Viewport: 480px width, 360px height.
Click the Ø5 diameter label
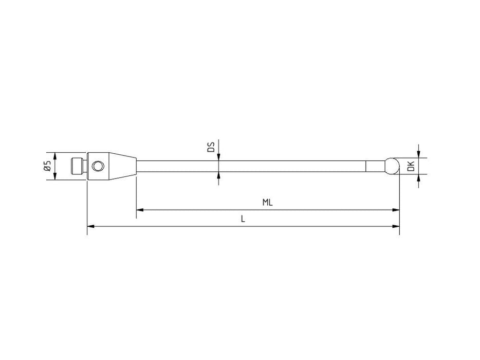[x=47, y=166]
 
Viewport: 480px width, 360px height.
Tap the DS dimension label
[x=211, y=147]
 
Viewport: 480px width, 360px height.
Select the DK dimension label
[x=412, y=166]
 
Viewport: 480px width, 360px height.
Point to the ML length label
[x=268, y=203]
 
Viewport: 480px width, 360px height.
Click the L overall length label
[x=243, y=219]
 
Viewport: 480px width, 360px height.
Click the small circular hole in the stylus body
[x=98, y=166]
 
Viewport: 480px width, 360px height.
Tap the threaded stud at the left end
[x=78, y=166]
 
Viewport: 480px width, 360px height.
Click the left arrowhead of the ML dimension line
[x=140, y=210]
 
